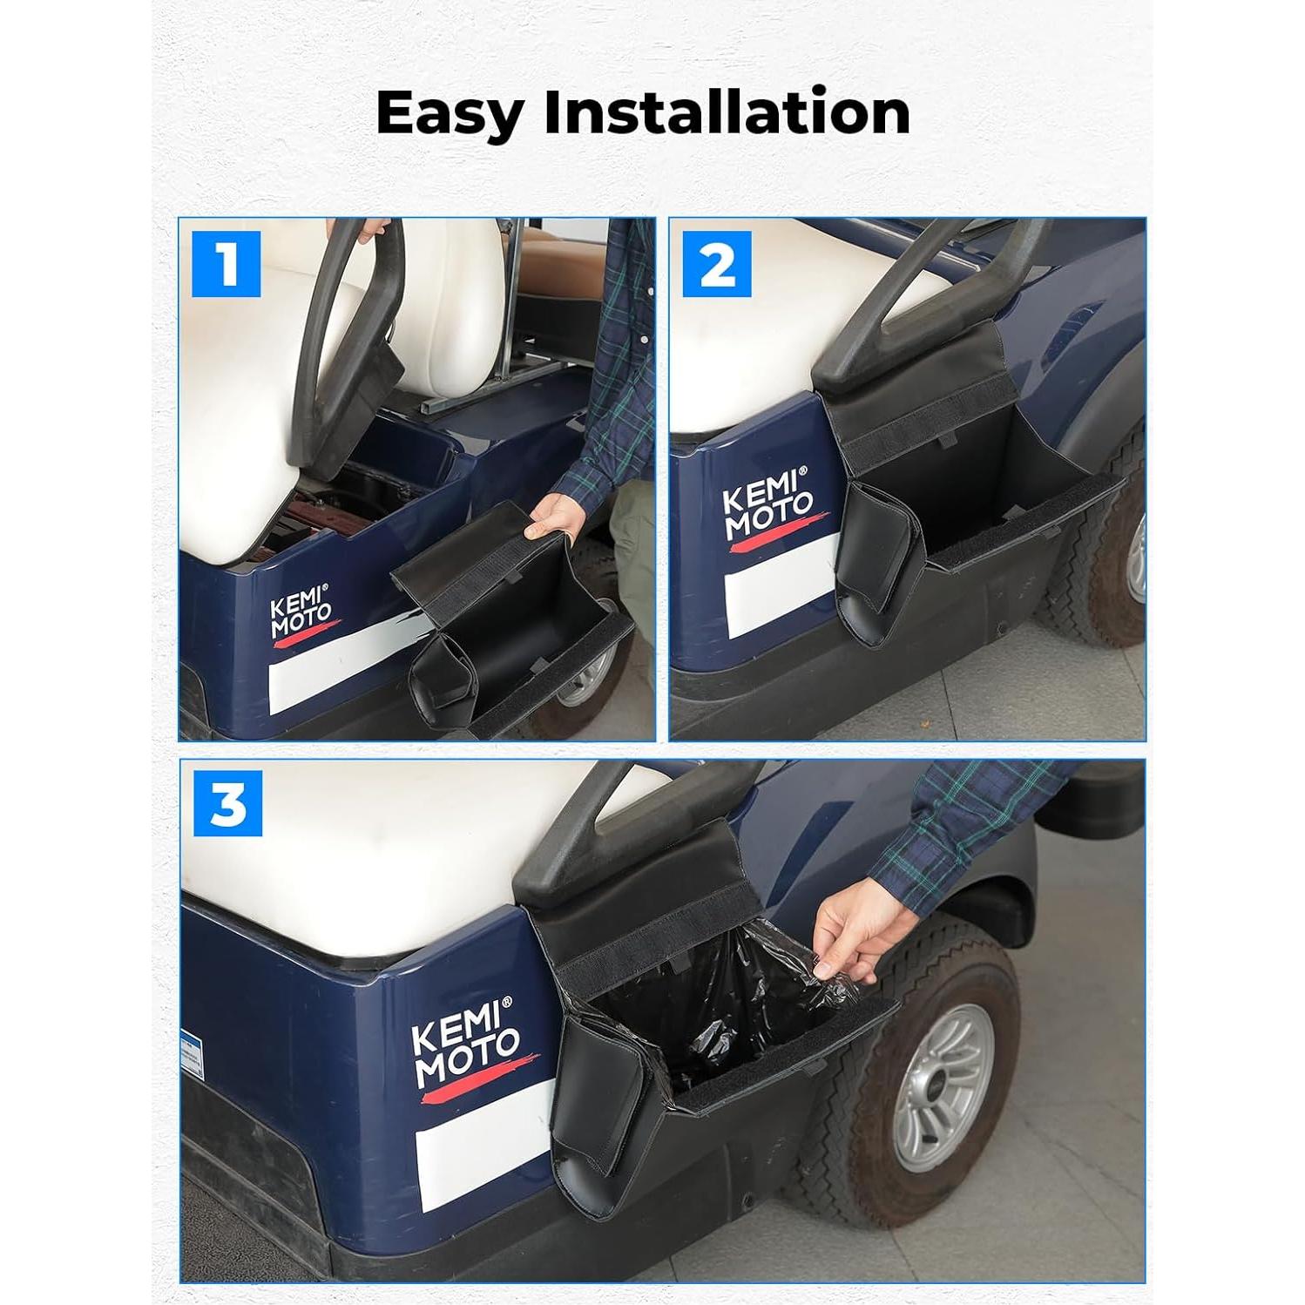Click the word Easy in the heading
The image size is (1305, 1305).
450,114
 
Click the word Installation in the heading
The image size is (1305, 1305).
727,112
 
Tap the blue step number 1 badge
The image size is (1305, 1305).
227,264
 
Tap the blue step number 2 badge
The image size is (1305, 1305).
717,264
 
